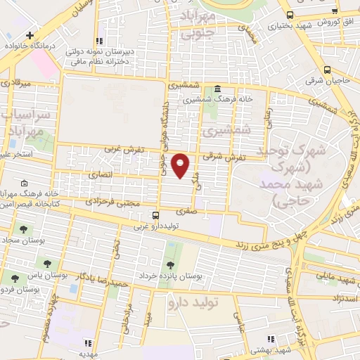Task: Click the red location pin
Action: pyautogui.click(x=181, y=165)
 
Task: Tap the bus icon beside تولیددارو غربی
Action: pyautogui.click(x=155, y=215)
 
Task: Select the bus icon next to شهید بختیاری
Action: pyautogui.click(x=290, y=15)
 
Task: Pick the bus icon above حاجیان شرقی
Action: pyautogui.click(x=328, y=70)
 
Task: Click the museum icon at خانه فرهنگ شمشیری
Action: pyautogui.click(x=217, y=89)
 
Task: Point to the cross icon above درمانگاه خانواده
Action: pyautogui.click(x=29, y=34)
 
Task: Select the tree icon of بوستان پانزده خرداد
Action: pyautogui.click(x=170, y=264)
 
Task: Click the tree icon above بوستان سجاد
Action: pyautogui.click(x=22, y=229)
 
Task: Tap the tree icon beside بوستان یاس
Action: pyautogui.click(x=47, y=264)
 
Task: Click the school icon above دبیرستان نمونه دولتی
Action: pyautogui.click(x=100, y=41)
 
